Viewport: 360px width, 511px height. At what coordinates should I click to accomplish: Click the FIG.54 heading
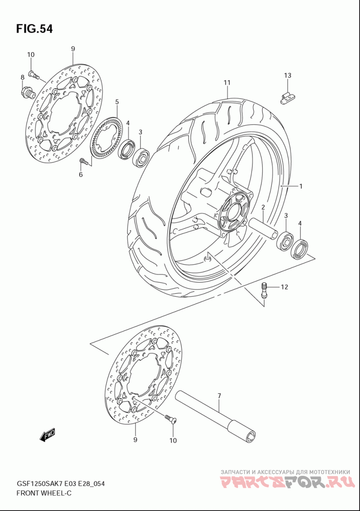click(x=34, y=29)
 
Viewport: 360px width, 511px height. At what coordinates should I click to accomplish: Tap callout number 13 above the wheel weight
click(x=288, y=75)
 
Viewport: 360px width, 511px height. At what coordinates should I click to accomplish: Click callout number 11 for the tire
click(x=227, y=82)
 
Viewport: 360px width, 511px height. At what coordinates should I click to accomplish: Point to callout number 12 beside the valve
click(x=284, y=287)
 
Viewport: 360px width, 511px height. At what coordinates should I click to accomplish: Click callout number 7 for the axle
click(x=219, y=396)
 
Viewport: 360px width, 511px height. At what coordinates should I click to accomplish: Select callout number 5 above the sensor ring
click(x=117, y=102)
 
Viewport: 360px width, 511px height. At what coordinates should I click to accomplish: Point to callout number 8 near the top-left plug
click(x=22, y=77)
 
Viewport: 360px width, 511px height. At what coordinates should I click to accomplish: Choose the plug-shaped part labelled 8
click(x=28, y=92)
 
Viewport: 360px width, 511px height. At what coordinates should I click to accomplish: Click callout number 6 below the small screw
click(x=81, y=174)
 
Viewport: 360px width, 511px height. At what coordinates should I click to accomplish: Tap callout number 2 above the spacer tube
click(x=263, y=207)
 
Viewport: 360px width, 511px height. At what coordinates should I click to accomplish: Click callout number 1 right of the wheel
click(x=301, y=186)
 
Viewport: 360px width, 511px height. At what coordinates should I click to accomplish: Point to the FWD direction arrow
click(x=48, y=435)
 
